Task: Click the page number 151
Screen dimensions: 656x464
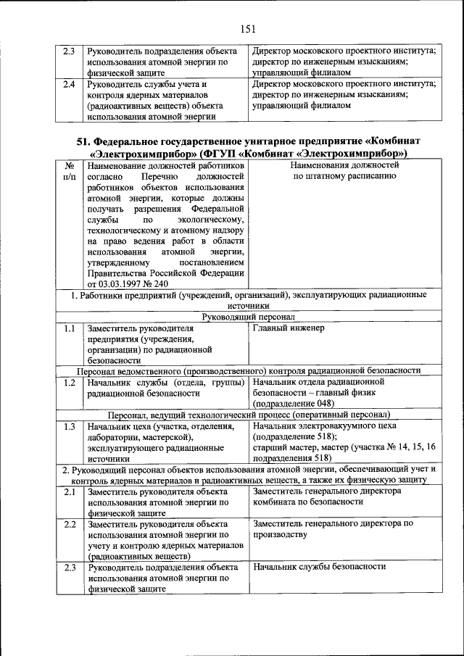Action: tap(249, 30)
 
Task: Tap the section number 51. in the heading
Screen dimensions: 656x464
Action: tap(86, 141)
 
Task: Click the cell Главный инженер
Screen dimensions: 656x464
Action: tap(289, 328)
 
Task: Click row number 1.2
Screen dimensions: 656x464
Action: tap(69, 381)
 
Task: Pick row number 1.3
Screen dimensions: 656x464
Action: tap(69, 426)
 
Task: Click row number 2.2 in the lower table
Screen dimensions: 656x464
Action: tap(69, 523)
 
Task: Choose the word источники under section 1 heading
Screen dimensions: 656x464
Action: tap(247, 306)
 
